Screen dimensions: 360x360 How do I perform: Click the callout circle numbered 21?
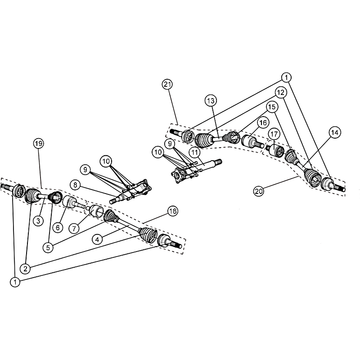pos(167,85)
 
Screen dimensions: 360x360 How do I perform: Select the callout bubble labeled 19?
pos(38,144)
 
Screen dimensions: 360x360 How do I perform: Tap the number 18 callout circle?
pos(173,211)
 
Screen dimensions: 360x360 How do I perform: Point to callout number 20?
pos(259,191)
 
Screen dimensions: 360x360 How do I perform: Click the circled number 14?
pos(335,132)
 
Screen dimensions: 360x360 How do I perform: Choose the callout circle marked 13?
pos(211,100)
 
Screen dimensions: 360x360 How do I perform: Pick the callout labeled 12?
pos(280,93)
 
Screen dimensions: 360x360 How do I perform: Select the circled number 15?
pos(272,107)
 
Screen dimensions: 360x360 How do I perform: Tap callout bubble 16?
pos(263,122)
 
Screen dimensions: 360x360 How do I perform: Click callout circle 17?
pos(274,134)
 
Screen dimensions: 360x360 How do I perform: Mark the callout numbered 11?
pos(195,152)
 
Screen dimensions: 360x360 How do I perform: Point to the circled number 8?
pos(75,184)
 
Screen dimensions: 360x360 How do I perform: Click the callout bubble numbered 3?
pos(38,221)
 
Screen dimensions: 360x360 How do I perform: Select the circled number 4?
pos(97,240)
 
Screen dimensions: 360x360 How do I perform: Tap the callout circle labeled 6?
pos(58,228)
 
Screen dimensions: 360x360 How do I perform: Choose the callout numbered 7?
pos(74,229)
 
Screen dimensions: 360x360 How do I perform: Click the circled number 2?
pos(25,268)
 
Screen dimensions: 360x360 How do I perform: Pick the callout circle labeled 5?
pos(48,247)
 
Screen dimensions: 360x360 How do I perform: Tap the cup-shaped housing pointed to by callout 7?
pos(96,211)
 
